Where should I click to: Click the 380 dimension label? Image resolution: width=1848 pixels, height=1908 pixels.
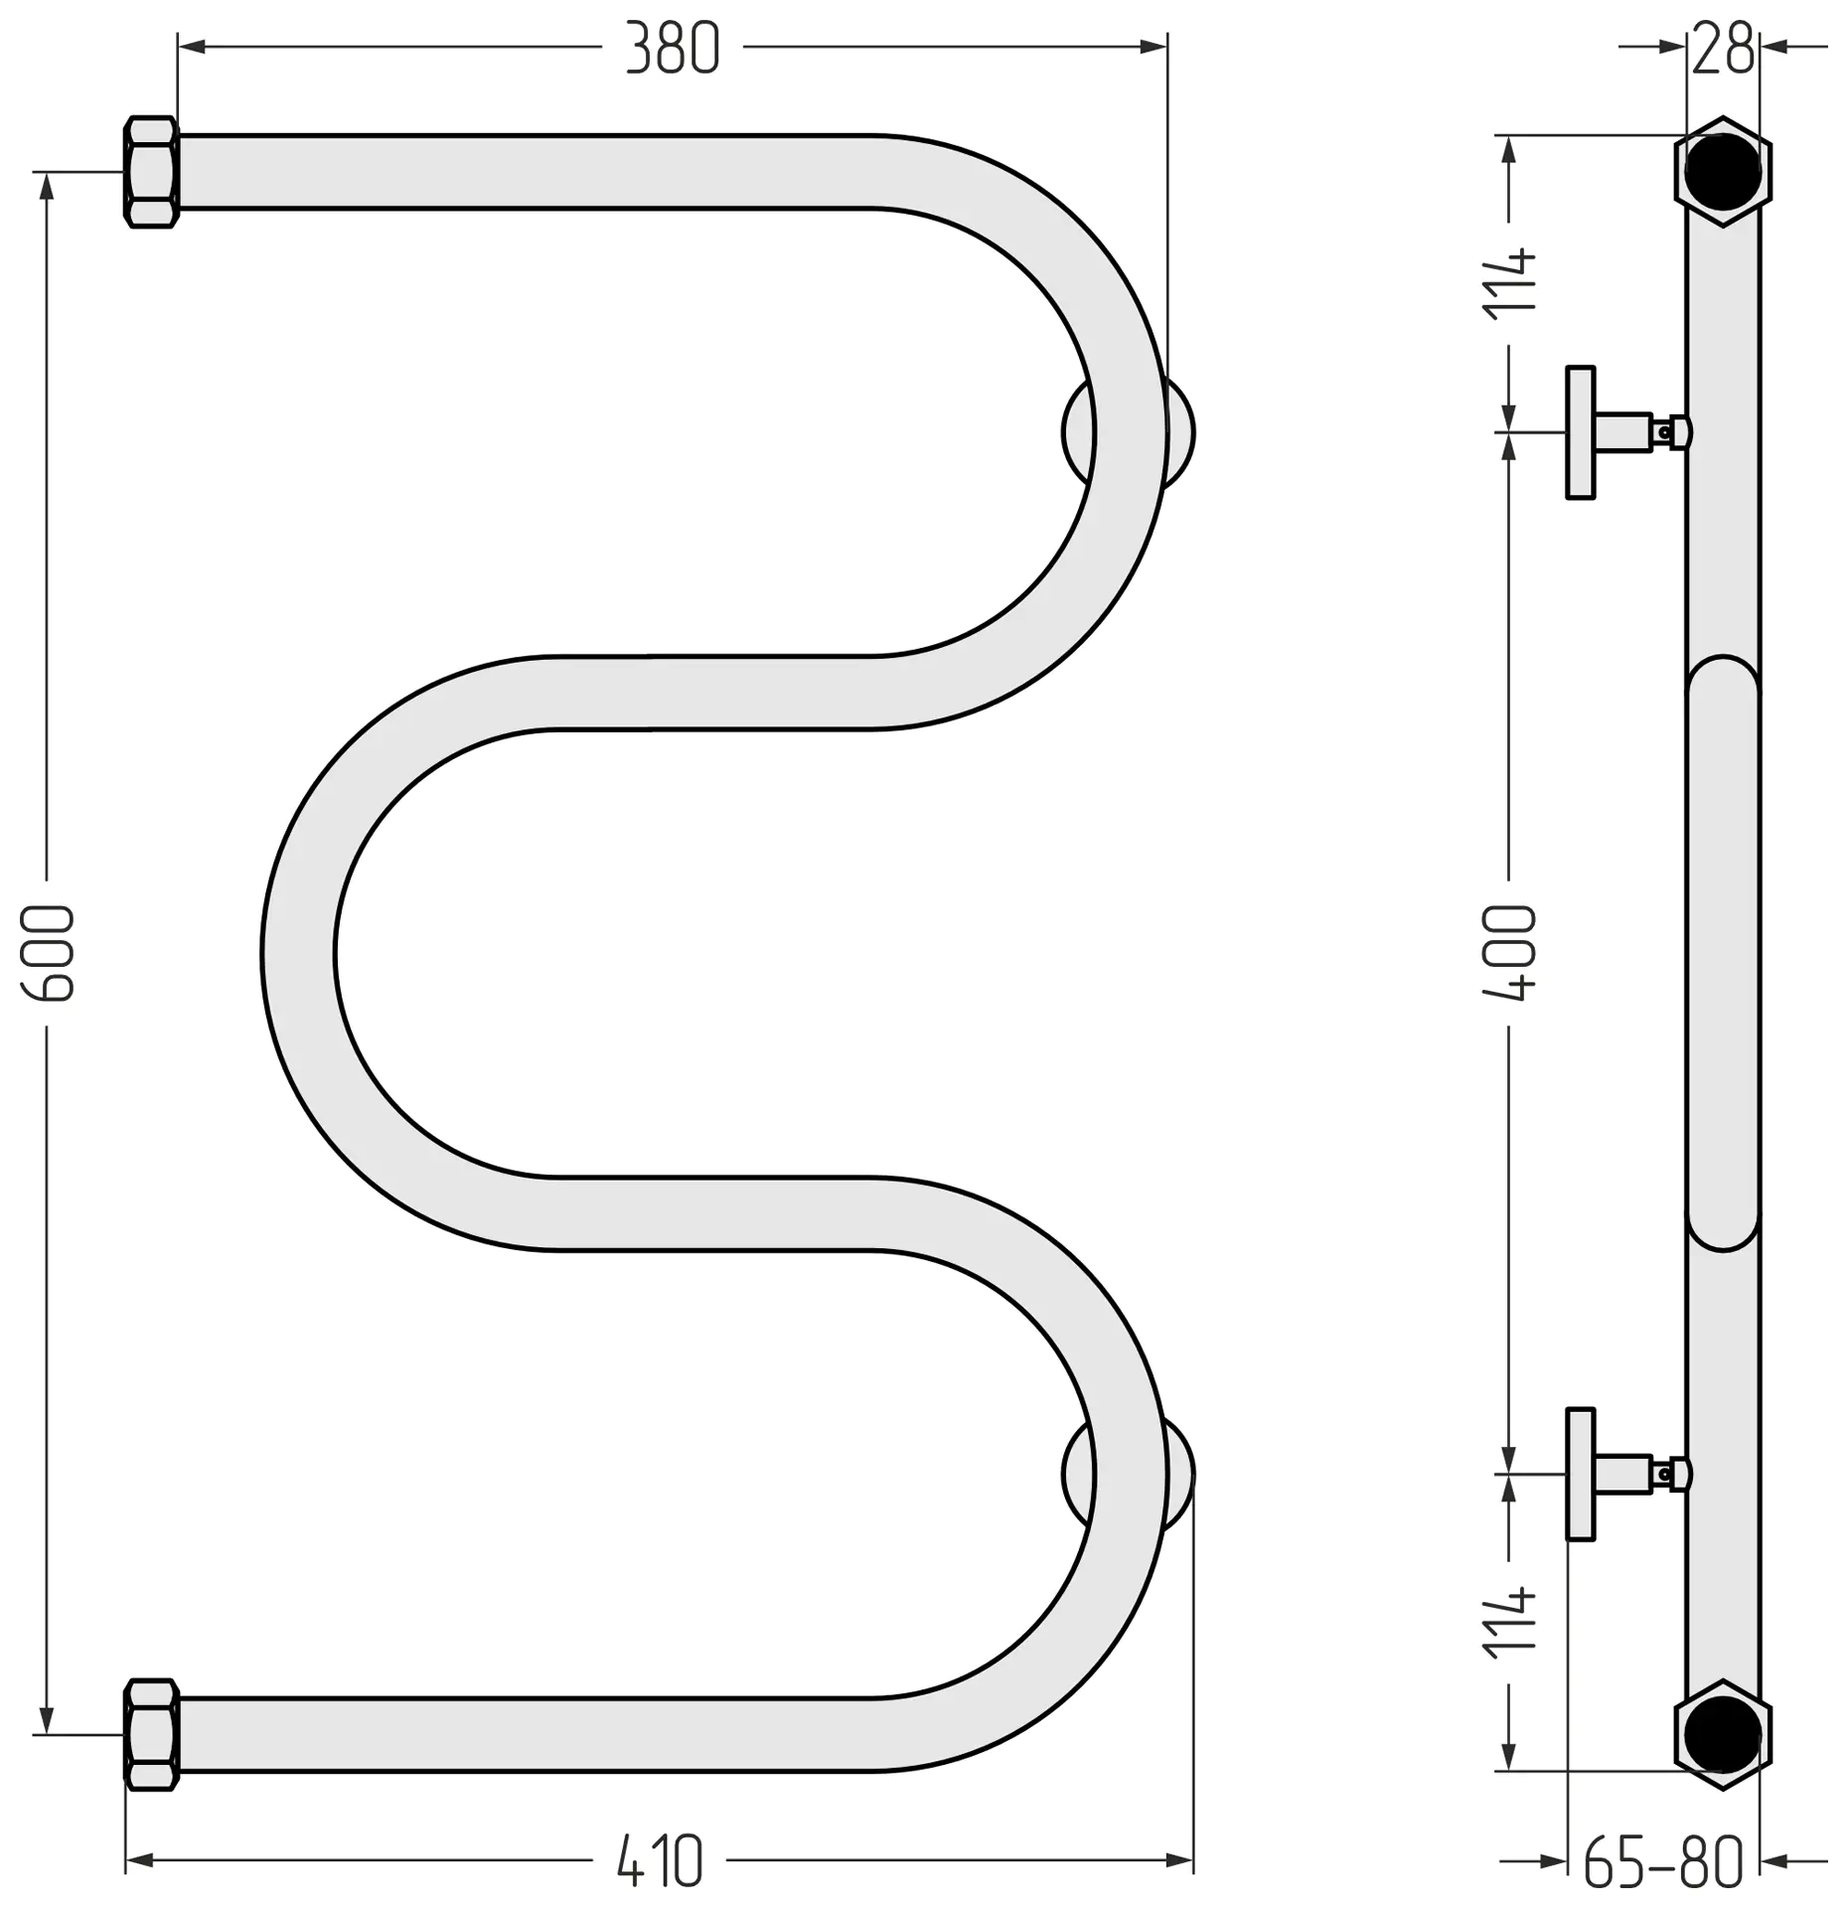click(673, 49)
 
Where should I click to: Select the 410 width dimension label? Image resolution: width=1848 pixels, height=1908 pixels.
click(660, 1861)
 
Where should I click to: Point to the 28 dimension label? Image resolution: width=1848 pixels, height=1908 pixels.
click(1724, 49)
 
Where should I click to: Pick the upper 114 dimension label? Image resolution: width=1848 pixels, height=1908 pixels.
click(1509, 284)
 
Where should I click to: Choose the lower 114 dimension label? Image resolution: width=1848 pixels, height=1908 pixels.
click(1509, 1624)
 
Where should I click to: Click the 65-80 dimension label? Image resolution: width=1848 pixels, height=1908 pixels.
click(1663, 1861)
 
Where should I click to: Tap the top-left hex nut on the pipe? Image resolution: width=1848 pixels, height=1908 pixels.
click(151, 172)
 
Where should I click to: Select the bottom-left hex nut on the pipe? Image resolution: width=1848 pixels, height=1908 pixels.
click(151, 1734)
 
